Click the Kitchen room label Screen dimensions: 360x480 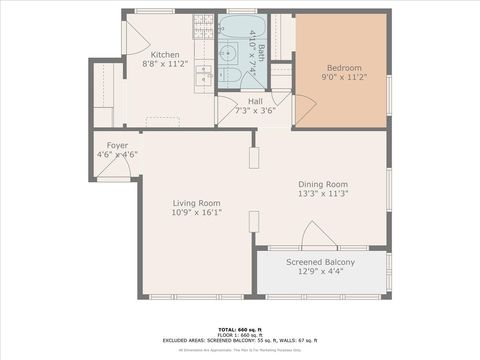tap(165, 54)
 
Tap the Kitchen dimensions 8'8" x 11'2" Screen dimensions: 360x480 tap(165, 64)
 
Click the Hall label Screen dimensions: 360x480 tap(255, 101)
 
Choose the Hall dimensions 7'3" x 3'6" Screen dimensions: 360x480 tap(255, 111)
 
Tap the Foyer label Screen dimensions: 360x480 tap(116, 145)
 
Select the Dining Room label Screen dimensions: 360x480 tap(322, 184)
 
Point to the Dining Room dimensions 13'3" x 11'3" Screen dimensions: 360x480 tap(322, 194)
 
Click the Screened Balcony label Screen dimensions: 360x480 tap(322, 262)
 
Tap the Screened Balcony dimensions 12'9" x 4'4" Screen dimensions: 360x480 tap(322, 272)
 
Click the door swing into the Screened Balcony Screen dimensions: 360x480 tap(319, 237)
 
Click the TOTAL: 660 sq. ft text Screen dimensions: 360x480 tap(240, 328)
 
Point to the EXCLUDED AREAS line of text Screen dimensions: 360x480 tap(240, 340)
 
